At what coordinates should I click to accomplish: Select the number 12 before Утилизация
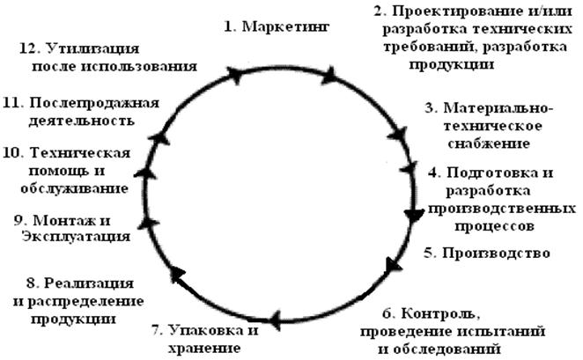(26, 48)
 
